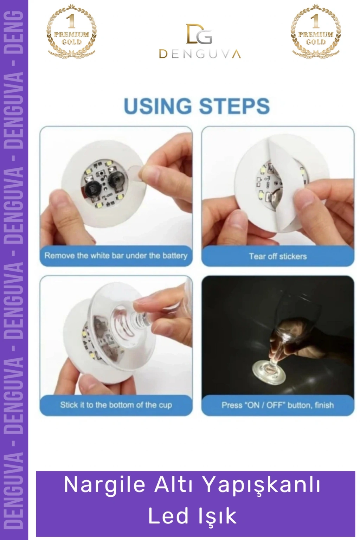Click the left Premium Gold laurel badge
click(x=71, y=31)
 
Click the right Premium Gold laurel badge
click(x=316, y=31)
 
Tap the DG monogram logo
click(x=199, y=34)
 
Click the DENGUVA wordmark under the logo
click(x=200, y=54)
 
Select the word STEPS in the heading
click(x=234, y=106)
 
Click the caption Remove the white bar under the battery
click(x=116, y=256)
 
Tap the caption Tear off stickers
click(x=278, y=256)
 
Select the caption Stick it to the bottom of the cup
click(x=116, y=405)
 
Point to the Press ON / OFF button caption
click(x=278, y=405)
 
